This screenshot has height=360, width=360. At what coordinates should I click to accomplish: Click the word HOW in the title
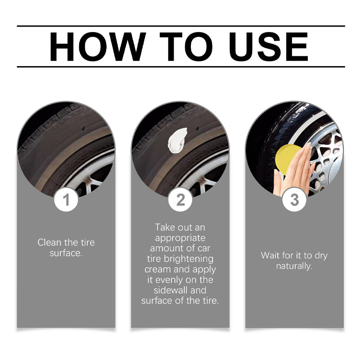click(98, 47)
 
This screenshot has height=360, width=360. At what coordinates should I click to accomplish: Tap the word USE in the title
click(268, 47)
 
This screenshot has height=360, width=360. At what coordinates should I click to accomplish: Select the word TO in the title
click(186, 47)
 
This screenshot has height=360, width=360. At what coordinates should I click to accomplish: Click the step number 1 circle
click(66, 199)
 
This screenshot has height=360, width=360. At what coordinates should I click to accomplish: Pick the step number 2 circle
click(180, 199)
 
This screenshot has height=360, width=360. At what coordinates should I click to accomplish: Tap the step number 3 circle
click(294, 199)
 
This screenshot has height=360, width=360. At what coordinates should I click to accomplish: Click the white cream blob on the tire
click(177, 140)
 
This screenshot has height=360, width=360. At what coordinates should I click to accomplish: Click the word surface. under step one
click(66, 253)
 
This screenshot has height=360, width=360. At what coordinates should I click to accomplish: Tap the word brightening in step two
click(189, 259)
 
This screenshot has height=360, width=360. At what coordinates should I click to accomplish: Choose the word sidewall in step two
click(171, 290)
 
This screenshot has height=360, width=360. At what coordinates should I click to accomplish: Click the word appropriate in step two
click(180, 238)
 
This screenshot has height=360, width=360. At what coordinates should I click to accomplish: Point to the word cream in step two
click(158, 269)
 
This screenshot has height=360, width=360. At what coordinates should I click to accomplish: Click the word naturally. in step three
click(294, 266)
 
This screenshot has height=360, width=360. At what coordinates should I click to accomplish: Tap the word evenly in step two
click(169, 280)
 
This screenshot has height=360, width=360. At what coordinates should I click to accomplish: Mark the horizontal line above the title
click(181, 26)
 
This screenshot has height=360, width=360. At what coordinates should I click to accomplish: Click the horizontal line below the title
click(181, 67)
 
